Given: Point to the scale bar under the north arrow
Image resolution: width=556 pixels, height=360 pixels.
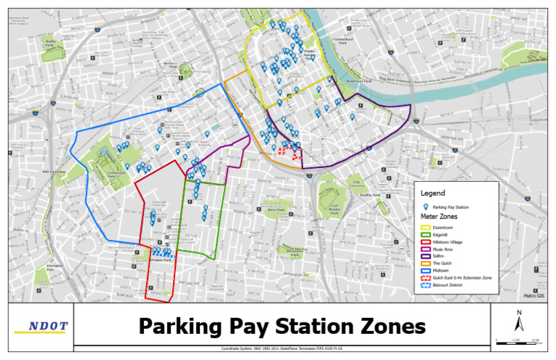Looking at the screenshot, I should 518,340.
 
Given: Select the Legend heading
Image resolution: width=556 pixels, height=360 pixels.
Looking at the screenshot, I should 432,194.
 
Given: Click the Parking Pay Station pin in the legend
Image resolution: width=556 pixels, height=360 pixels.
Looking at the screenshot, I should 426,207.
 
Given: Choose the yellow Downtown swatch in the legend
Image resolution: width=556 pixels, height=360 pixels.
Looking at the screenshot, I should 426,227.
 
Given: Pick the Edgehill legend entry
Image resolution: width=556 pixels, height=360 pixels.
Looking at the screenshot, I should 443,235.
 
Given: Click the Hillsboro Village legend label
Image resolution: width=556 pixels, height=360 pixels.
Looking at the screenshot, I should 450,242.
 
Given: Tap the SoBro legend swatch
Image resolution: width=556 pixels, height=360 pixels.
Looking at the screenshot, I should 426,256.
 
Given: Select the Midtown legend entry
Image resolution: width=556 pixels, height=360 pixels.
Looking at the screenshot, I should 443,270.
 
